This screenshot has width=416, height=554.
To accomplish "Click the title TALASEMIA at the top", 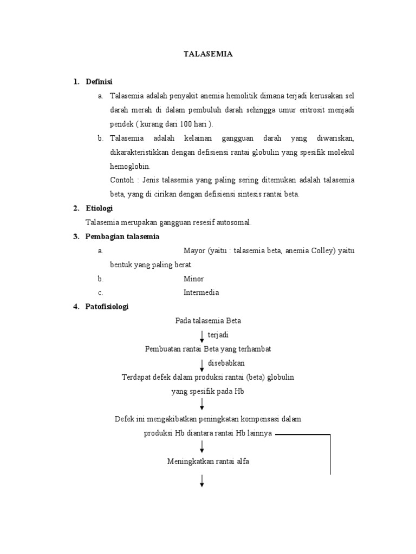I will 209,54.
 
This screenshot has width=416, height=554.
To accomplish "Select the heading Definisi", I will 99,82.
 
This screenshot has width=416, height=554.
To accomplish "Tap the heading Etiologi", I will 99,208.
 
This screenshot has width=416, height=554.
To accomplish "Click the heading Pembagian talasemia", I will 122,236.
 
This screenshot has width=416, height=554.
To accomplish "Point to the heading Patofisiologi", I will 107,307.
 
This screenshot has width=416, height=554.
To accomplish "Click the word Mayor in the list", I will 194,250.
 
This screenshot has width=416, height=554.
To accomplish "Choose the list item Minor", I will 193,279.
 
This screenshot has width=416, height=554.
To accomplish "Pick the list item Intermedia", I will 201,293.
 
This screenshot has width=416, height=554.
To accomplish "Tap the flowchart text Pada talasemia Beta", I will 208,321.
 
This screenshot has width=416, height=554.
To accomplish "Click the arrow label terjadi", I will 218,335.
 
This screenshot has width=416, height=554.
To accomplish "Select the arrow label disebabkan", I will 226,363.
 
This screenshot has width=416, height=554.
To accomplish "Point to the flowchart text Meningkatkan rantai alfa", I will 208,461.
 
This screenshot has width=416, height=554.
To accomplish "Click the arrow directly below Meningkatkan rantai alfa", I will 202,481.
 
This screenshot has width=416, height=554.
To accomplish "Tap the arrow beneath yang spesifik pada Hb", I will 202,404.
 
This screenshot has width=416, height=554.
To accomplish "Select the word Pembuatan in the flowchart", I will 162,349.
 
